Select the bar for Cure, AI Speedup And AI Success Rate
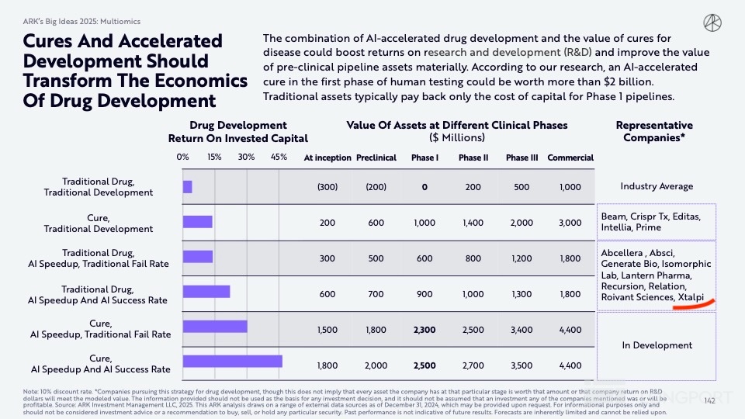(232, 362)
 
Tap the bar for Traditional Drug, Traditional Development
(187, 186)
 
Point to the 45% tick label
(279, 157)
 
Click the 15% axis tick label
(215, 157)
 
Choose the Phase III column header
(521, 158)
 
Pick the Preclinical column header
(376, 158)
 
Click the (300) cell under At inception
(327, 187)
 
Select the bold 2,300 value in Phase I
(424, 330)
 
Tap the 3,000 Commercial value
(570, 223)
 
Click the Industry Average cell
(657, 186)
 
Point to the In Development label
(657, 345)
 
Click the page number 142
(708, 400)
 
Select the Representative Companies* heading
(654, 131)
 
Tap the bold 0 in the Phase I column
(424, 187)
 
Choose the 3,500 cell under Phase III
(521, 365)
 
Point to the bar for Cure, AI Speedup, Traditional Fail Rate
(215, 327)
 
